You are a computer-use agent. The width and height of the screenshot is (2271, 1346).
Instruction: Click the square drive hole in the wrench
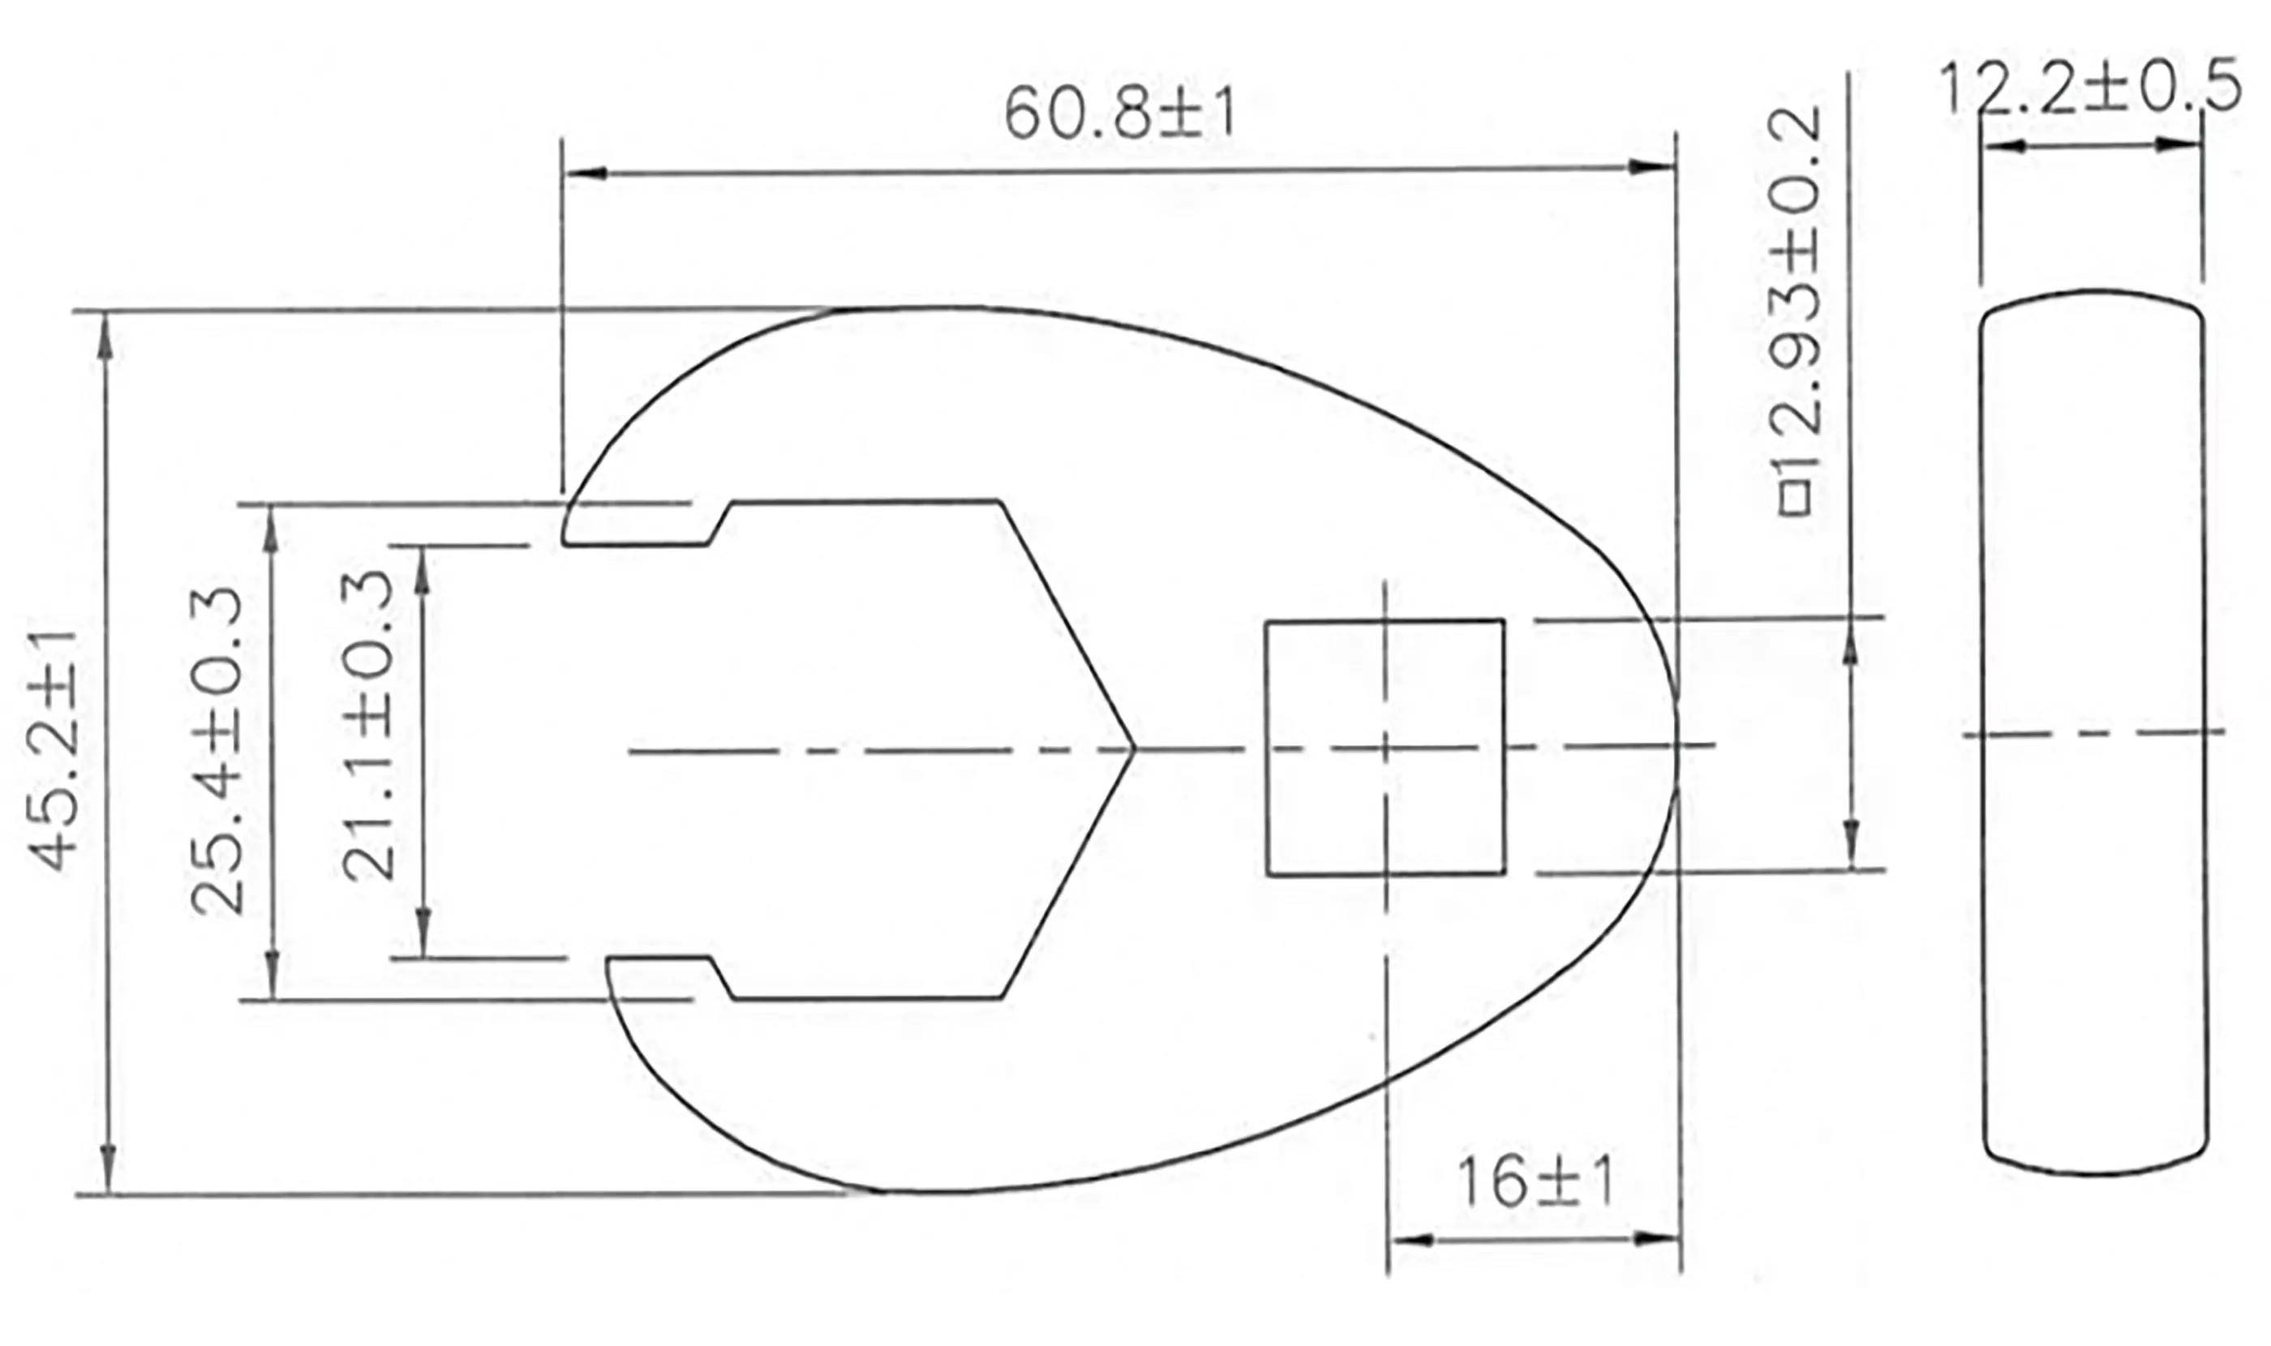click(x=1384, y=748)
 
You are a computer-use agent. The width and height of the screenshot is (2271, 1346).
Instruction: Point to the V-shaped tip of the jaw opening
click(x=1131, y=750)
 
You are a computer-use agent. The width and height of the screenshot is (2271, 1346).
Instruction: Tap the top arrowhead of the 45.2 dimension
click(x=107, y=336)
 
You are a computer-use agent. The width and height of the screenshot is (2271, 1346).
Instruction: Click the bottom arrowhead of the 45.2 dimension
click(x=108, y=1170)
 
